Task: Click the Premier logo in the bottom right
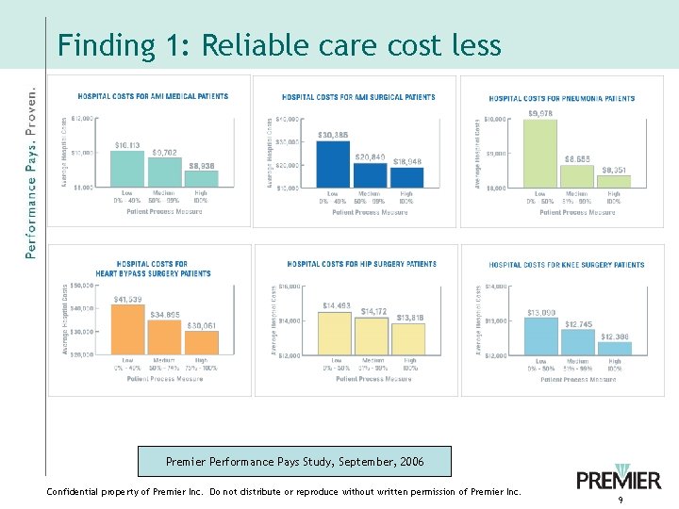(619, 477)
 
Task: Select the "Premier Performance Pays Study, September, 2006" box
(294, 462)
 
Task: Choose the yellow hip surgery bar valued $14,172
(372, 337)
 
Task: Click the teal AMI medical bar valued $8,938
(201, 178)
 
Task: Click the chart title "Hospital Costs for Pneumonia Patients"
(561, 98)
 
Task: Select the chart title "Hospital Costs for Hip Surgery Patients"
(361, 264)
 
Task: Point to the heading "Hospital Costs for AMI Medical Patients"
(152, 96)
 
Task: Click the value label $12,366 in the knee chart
(615, 337)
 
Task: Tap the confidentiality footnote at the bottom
(283, 492)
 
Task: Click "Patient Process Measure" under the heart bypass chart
(165, 378)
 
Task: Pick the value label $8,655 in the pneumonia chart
(577, 158)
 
